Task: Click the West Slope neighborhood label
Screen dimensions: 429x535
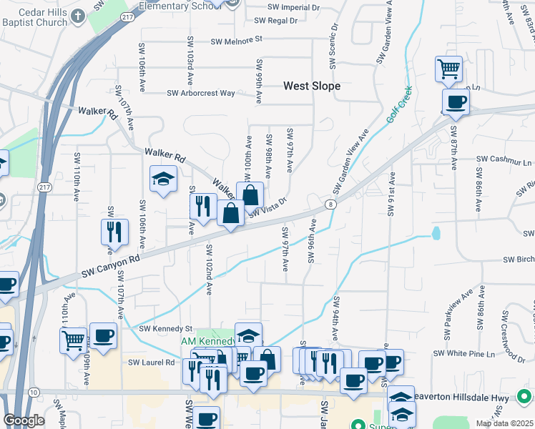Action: click(311, 86)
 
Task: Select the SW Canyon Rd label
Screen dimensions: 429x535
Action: click(108, 267)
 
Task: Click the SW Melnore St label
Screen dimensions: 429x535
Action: click(237, 41)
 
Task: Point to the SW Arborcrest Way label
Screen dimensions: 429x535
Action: click(200, 93)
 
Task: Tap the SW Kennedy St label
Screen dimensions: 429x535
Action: click(166, 328)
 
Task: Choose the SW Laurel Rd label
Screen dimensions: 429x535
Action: click(152, 363)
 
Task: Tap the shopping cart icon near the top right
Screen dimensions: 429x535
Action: click(448, 69)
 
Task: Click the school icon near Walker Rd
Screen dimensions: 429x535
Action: click(163, 179)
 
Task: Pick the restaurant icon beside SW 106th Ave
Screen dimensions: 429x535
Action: click(114, 231)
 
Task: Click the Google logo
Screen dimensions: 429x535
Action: click(24, 420)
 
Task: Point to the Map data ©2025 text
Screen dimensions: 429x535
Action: click(504, 423)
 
